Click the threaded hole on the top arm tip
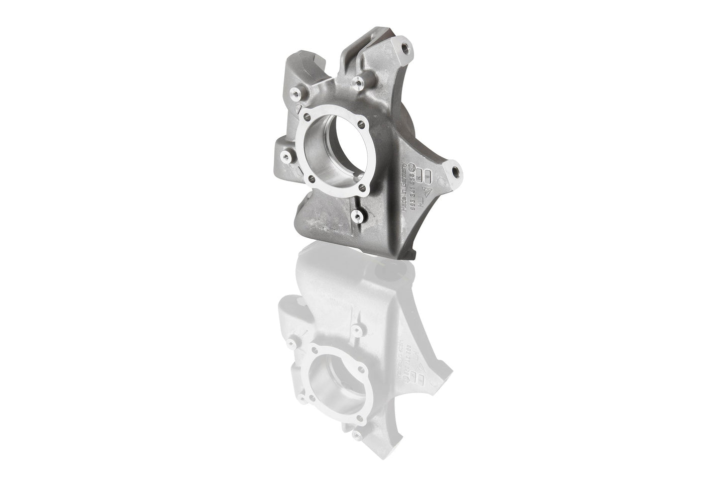click(x=405, y=49)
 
